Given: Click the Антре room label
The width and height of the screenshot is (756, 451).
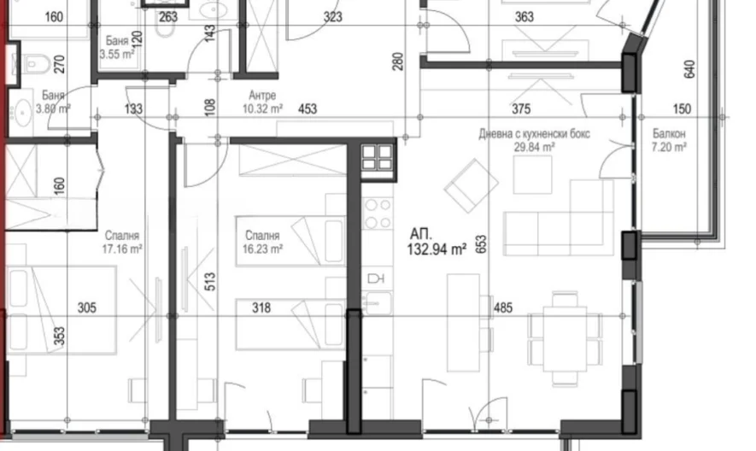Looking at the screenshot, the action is pos(262,95).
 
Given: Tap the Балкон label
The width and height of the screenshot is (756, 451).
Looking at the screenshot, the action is pos(669,133).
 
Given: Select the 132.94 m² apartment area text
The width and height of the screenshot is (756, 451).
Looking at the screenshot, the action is pos(437,249).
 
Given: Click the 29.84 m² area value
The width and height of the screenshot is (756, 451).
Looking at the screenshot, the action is pos(534,147).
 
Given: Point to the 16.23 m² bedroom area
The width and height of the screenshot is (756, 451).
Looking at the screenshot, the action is pos(263,249).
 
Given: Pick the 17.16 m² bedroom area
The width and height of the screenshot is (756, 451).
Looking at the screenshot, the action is pos(122,249).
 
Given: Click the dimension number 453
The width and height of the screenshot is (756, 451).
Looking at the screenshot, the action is pos(308,109).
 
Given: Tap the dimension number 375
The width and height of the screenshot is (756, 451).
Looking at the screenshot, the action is pos(521,109).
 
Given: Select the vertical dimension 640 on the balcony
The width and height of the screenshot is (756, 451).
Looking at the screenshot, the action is pos(689,69).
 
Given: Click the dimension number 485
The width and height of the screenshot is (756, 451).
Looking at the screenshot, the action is pos(503,307).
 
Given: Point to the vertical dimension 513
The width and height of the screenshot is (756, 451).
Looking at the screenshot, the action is pos(210,281).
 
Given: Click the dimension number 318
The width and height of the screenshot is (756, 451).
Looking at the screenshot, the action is pos(261,307).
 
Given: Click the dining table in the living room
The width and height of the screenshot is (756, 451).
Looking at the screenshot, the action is pos(565,337).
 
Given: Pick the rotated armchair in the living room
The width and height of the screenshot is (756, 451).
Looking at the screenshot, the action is pos(471,185).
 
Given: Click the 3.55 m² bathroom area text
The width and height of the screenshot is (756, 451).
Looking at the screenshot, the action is pos(117,54).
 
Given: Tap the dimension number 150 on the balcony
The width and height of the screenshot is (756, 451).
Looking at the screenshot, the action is pos(682,109).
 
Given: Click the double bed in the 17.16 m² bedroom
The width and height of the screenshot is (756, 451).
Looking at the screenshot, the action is pos(62,310).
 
